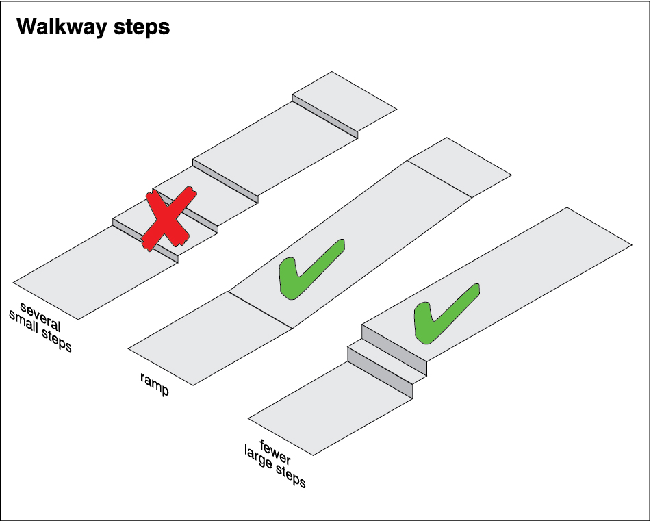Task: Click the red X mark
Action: click(166, 219)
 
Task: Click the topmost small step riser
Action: click(325, 117)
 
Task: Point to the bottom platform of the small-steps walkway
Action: click(96, 273)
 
